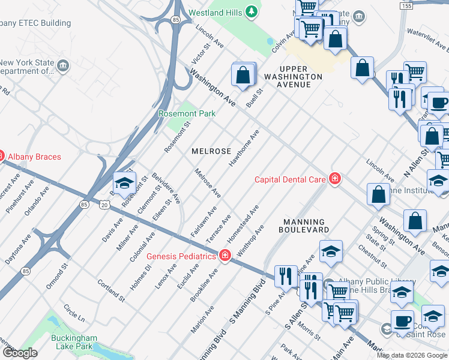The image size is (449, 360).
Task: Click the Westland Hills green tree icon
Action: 252,11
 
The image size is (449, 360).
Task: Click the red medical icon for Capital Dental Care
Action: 335,179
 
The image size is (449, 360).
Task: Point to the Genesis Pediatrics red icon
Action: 225,256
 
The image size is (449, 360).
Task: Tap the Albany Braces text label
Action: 34,157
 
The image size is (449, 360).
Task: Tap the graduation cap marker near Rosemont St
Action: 124,183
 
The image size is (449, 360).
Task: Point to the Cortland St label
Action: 111,289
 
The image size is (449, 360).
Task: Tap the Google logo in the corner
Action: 20,353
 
